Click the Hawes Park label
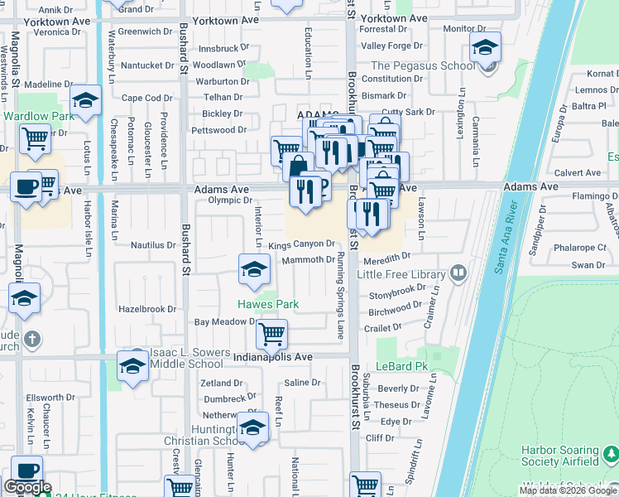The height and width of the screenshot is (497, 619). point(269,304)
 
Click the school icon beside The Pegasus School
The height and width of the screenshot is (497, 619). point(485,48)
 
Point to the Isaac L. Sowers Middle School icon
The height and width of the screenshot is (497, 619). point(132,364)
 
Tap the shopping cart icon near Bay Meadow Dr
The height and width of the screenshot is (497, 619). point(271,334)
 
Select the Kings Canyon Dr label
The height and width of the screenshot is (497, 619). point(301,244)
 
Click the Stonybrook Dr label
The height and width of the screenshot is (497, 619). point(397,294)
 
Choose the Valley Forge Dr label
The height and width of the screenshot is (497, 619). point(391,46)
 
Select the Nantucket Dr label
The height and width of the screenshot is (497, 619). point(147,65)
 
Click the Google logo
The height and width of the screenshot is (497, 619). point(27,487)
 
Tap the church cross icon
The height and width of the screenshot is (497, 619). point(31,339)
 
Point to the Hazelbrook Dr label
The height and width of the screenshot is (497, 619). point(148,309)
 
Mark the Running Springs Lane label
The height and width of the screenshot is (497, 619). point(340,296)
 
